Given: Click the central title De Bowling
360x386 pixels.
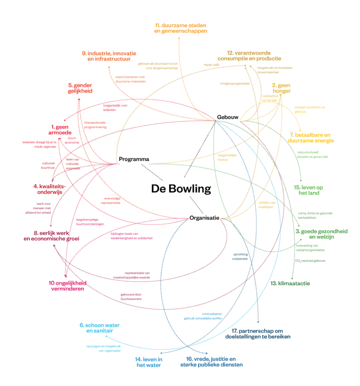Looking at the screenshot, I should coord(181,189).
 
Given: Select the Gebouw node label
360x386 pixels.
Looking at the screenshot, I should coord(228,117).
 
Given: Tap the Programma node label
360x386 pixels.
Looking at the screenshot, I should coord(134,159).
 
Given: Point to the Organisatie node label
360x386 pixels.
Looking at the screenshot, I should coord(204,218).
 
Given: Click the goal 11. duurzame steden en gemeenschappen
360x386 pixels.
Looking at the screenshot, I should coord(180,28).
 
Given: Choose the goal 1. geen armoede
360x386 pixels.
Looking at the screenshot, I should coord(61,130).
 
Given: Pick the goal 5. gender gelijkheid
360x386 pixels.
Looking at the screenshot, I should coord(80,88).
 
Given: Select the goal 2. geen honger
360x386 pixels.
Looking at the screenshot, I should coord(281,88).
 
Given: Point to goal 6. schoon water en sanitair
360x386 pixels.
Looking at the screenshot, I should coord(96,328).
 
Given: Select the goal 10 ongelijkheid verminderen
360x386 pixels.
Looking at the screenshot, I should coord(67,286).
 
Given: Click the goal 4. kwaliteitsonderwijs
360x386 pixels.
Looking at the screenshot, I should coord(49,189).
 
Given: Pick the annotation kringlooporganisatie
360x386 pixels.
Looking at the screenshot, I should coord(235,83).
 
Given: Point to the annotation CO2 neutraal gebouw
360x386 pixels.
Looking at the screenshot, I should coord(310,260).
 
